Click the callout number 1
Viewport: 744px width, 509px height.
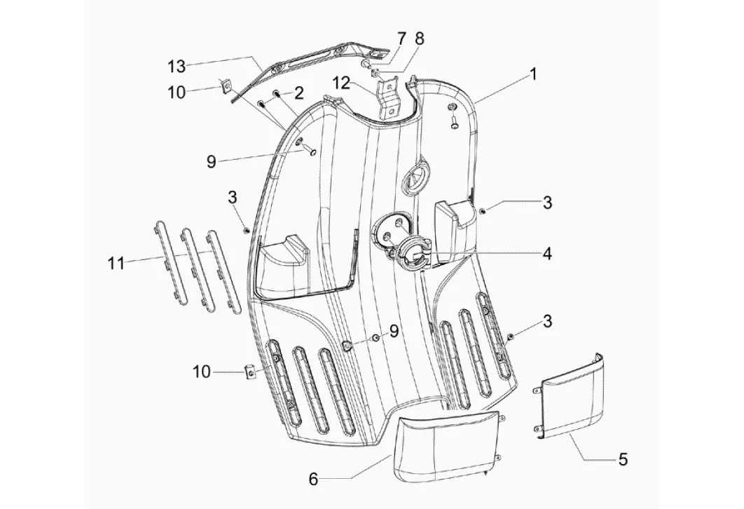click(x=533, y=74)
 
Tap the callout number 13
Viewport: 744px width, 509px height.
click(x=177, y=67)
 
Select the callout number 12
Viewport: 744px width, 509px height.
click(x=344, y=83)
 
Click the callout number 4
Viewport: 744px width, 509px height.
click(x=547, y=254)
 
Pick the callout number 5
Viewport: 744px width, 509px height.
click(x=623, y=459)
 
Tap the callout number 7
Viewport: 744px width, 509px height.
click(x=401, y=39)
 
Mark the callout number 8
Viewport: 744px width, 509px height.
click(x=420, y=39)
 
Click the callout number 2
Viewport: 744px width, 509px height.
click(x=298, y=93)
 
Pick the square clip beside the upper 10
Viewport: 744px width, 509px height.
click(x=226, y=87)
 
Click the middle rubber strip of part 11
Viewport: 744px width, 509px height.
click(x=195, y=270)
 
